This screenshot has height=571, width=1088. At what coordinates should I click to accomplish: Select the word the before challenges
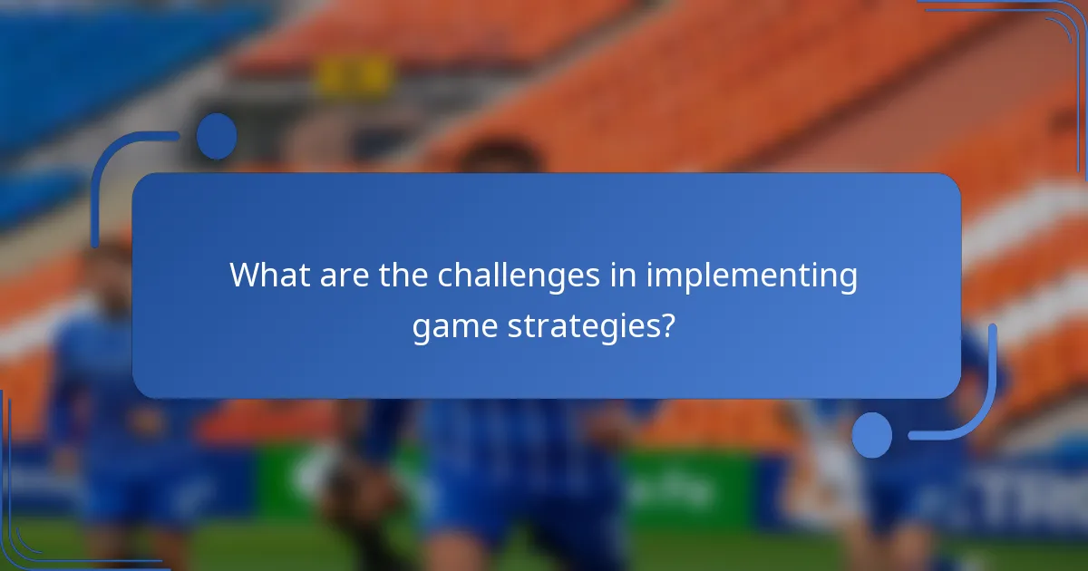click(405, 276)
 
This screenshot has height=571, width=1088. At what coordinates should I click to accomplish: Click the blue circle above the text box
click(216, 137)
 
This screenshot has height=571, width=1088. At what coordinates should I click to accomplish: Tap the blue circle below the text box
click(872, 434)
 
